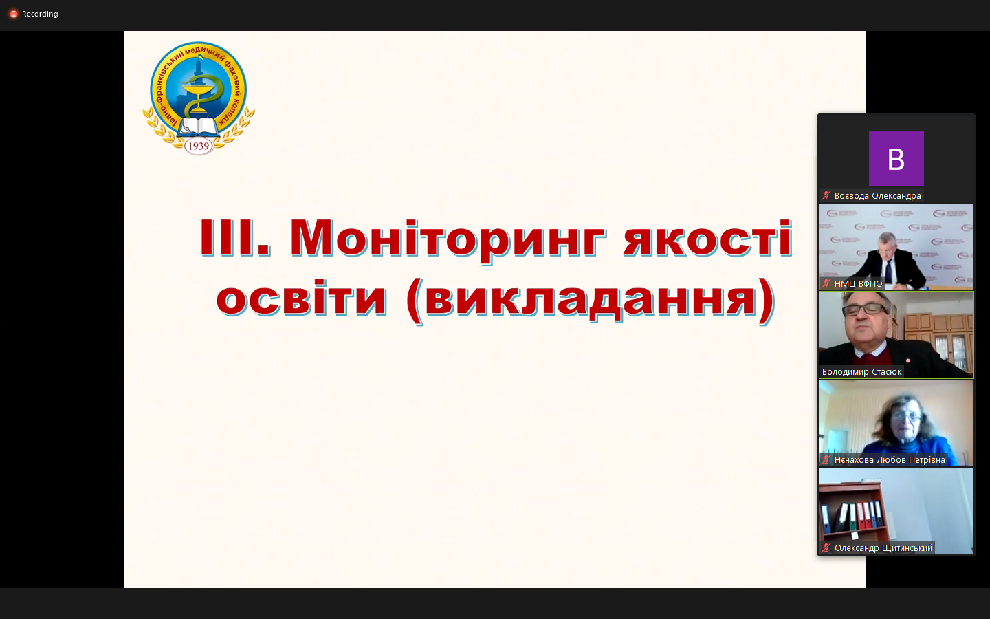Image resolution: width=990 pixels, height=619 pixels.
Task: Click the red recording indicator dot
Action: (14, 14)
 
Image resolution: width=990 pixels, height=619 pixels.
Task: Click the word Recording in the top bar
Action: (40, 14)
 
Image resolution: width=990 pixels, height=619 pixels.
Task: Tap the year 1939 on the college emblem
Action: (199, 146)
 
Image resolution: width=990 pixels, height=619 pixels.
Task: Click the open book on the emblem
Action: (199, 127)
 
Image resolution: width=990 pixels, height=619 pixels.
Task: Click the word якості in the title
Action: (707, 238)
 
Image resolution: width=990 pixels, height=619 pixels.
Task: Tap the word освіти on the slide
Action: (301, 297)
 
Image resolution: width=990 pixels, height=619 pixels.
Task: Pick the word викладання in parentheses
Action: (590, 301)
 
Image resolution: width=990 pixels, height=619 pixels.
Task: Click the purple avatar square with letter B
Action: (896, 159)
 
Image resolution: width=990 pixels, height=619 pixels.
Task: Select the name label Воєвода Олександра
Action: (877, 196)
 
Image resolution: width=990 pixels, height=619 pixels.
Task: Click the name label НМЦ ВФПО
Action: (858, 284)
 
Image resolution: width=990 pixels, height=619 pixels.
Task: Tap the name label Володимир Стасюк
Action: (861, 372)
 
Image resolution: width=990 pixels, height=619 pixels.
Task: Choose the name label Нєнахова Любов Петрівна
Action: (889, 460)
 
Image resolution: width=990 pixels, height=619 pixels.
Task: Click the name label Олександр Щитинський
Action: (883, 547)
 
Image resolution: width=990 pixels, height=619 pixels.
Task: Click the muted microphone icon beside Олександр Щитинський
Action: (826, 547)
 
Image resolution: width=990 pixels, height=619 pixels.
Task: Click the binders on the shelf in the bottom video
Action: (852, 516)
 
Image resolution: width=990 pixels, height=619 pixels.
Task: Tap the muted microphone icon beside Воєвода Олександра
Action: (826, 196)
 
